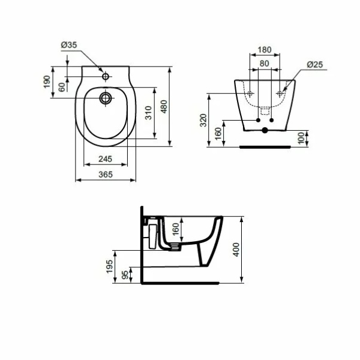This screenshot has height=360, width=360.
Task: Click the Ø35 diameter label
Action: pos(69,45)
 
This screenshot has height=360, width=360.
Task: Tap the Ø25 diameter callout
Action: pos(315,65)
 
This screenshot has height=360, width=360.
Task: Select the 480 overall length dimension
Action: pos(164,106)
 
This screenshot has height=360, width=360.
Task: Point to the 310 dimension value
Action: pos(149,113)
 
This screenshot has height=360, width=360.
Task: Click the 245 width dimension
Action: pos(106,158)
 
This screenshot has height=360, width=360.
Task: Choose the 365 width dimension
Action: pos(106,175)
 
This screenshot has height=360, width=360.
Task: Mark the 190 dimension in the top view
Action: pos(47,82)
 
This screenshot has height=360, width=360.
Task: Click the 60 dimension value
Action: pos(62,87)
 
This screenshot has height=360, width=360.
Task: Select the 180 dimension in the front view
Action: pos(265,50)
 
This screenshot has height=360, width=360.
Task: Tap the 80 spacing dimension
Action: pos(265,64)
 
